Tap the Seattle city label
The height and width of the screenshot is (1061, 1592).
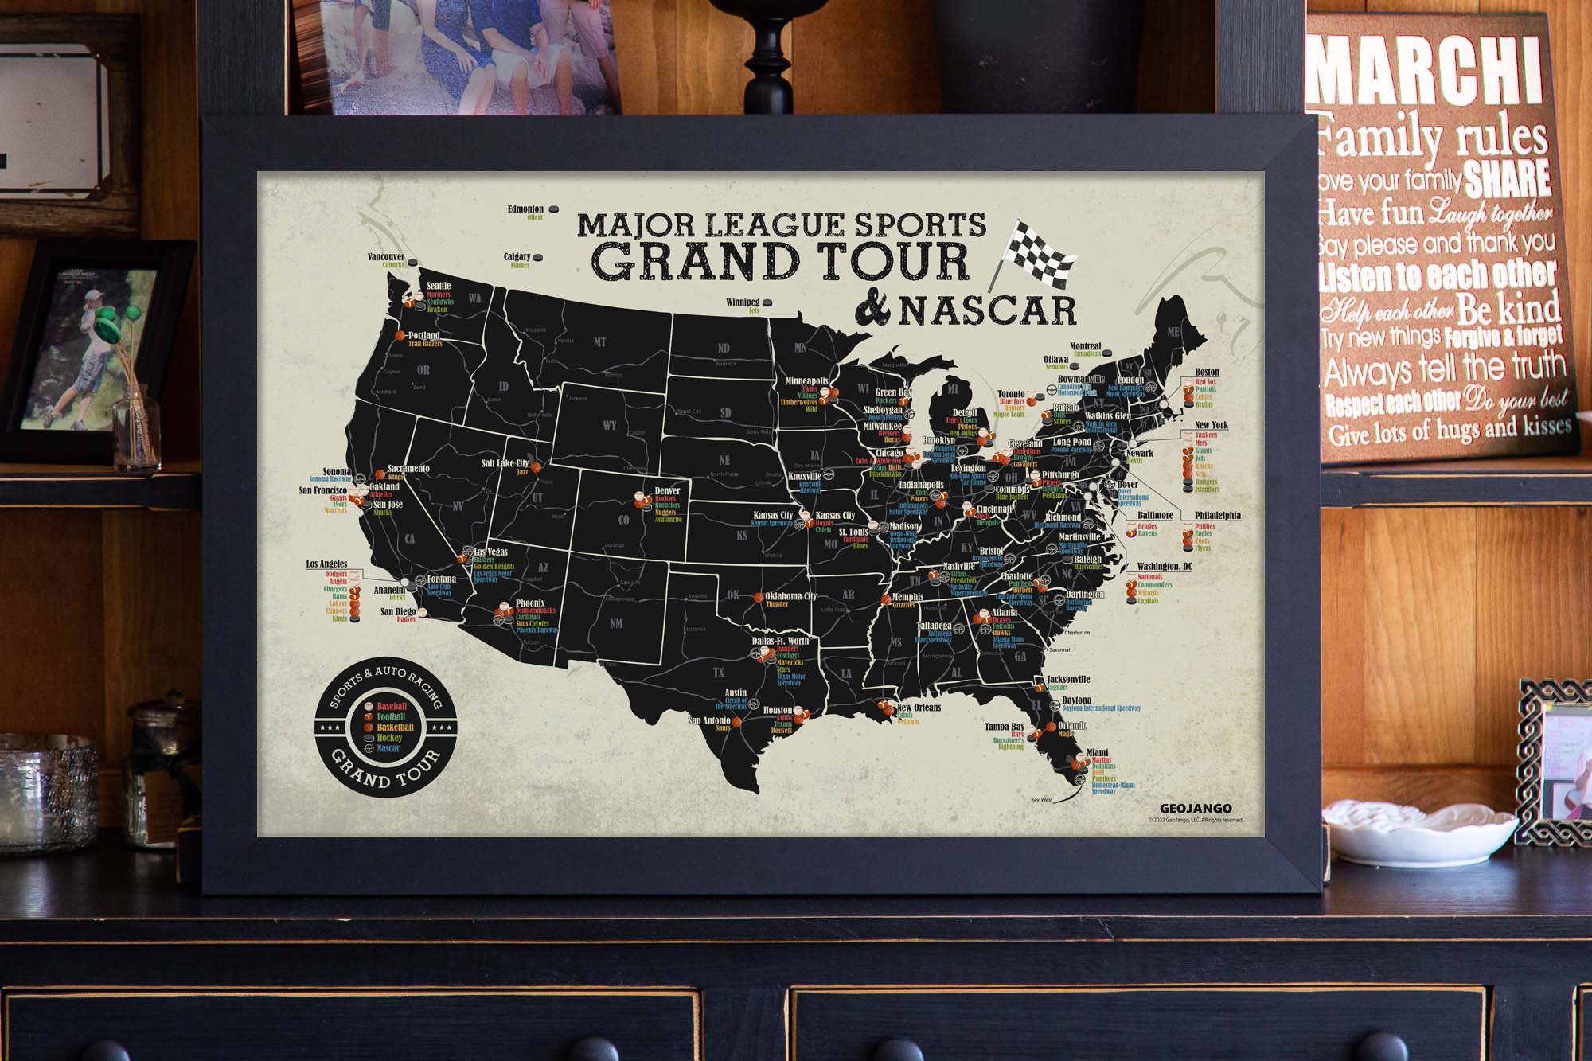[439, 286]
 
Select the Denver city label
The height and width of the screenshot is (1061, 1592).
[667, 490]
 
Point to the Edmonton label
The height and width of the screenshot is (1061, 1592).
[525, 209]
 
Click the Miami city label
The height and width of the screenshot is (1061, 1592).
[1097, 752]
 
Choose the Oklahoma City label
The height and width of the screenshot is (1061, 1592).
[790, 596]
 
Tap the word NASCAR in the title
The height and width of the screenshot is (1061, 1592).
[987, 311]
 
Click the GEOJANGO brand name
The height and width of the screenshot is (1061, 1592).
[1196, 809]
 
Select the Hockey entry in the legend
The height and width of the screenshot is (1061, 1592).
[389, 738]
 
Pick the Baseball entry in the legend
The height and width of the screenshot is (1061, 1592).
[392, 706]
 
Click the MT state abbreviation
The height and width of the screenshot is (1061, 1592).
[599, 342]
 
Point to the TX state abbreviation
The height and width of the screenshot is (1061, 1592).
[718, 673]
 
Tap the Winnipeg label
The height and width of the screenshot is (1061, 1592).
[743, 302]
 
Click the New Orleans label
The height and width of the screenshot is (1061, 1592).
[919, 708]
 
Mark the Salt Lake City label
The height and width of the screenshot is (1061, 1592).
[505, 463]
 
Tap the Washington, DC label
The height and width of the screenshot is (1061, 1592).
[1165, 567]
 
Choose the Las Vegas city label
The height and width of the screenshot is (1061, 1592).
[491, 552]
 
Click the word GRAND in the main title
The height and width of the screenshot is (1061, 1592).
[686, 261]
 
